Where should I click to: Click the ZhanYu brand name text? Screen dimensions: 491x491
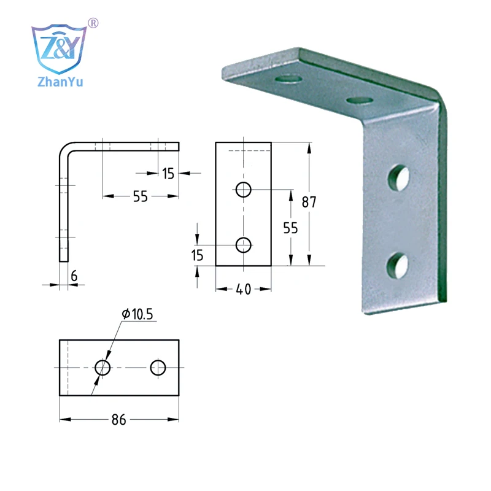click(x=60, y=82)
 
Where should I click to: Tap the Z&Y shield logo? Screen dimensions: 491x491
click(x=59, y=48)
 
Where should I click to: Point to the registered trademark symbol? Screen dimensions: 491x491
click(x=93, y=23)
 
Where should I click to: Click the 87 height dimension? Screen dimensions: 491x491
click(x=309, y=202)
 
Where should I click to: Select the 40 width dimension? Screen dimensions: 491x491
click(x=243, y=289)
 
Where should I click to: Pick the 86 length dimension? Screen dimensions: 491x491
click(x=118, y=420)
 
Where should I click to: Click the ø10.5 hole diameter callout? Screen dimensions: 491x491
click(x=137, y=314)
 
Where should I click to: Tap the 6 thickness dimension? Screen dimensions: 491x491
click(x=74, y=276)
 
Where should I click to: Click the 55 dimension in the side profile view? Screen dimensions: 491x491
click(x=140, y=196)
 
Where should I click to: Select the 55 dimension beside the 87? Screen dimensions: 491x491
click(x=290, y=228)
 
